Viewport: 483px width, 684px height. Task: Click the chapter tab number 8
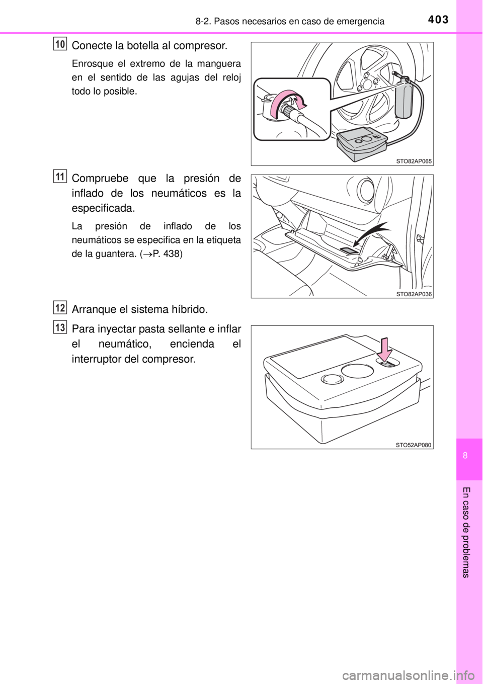(x=469, y=456)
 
